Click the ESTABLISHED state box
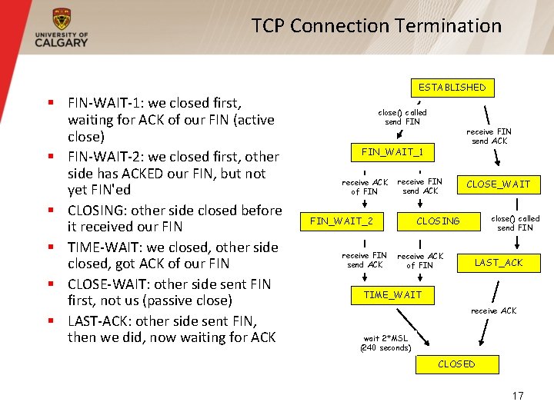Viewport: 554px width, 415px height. (x=452, y=88)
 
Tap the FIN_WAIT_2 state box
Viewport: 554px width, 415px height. (x=342, y=221)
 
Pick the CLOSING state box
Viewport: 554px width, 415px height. (x=438, y=221)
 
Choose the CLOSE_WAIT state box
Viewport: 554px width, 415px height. (x=498, y=184)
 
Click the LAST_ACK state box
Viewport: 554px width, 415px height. (x=499, y=263)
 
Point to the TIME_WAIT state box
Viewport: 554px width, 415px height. (x=392, y=295)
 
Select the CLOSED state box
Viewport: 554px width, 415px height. (x=456, y=364)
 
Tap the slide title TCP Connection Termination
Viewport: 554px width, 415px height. (x=376, y=25)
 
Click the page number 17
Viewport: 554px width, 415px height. (x=517, y=396)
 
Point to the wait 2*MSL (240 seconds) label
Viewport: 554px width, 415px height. (x=385, y=343)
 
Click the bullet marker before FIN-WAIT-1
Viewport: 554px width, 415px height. (x=49, y=101)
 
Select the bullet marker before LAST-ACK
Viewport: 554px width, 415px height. (x=49, y=321)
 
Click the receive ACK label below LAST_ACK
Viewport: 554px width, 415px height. (x=493, y=311)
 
